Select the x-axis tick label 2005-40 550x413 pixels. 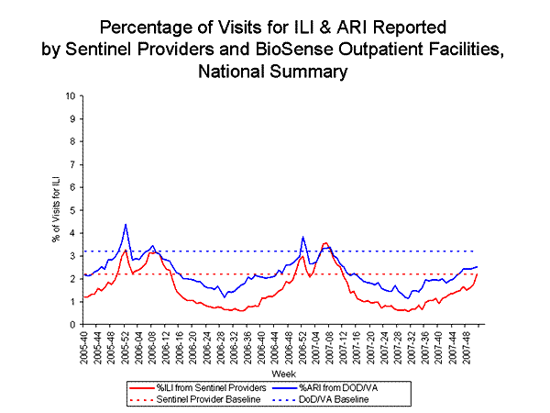[84, 347]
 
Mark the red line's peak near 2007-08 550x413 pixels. [324, 243]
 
